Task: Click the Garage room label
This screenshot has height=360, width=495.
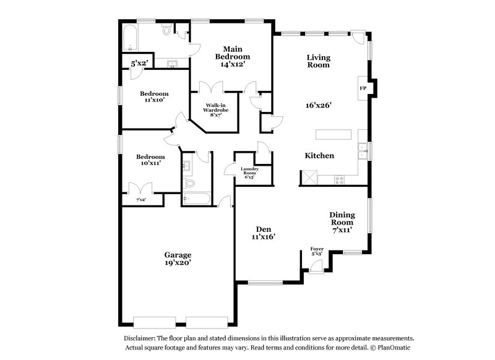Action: click(x=177, y=254)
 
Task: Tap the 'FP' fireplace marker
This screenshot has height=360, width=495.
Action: click(x=363, y=88)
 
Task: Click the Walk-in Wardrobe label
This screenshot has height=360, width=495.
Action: click(x=217, y=109)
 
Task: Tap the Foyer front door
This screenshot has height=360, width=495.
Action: click(x=316, y=266)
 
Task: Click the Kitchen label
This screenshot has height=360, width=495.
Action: click(x=319, y=156)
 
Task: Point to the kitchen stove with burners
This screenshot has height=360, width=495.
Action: click(x=339, y=179)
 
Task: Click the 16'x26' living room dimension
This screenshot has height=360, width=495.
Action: click(x=319, y=105)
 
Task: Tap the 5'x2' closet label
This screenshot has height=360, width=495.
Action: click(x=139, y=63)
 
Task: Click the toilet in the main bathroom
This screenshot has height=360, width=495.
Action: click(x=166, y=30)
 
